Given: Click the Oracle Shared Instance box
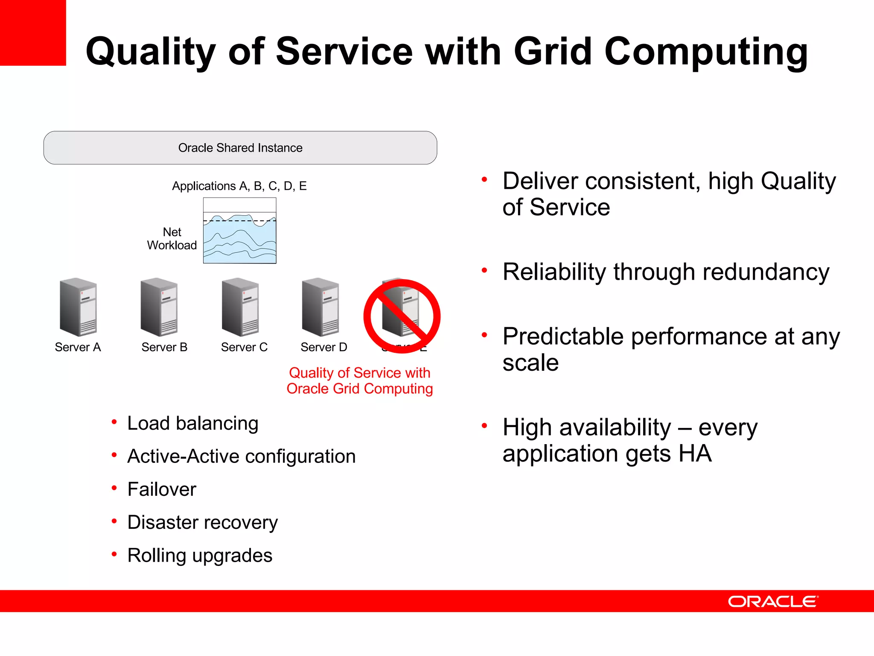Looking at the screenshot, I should click(x=240, y=148).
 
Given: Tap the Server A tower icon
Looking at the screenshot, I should click(x=78, y=307).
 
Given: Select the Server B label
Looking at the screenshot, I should click(x=164, y=347).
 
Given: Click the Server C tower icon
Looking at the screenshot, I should click(x=240, y=307).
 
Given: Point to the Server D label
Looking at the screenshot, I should click(x=323, y=347).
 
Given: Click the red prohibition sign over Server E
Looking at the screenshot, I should click(x=402, y=316).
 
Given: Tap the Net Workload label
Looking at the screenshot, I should click(x=172, y=239).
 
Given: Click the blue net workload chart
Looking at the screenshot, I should click(x=239, y=239).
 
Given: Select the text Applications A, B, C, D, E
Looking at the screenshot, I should click(x=239, y=186).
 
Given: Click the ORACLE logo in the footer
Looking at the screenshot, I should click(x=773, y=601).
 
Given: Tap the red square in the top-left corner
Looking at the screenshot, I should click(x=33, y=32).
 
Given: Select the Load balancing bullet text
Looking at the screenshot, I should click(x=192, y=424).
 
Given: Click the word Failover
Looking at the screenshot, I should click(x=162, y=489).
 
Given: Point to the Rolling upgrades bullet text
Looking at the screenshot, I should click(x=200, y=556).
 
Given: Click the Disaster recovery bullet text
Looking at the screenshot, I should click(x=202, y=522).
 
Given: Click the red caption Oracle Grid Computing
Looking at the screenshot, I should click(x=359, y=389).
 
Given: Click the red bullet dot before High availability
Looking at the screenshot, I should click(x=484, y=425).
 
